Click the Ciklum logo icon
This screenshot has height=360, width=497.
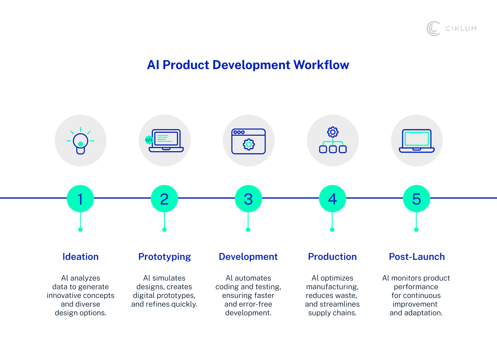[x=433, y=29]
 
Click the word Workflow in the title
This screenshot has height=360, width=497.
[x=321, y=65]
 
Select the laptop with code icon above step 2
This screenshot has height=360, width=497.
[x=164, y=141]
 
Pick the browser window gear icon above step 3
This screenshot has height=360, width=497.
[x=248, y=141]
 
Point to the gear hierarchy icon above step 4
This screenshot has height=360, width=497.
[x=333, y=141]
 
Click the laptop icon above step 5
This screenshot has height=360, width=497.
[x=417, y=141]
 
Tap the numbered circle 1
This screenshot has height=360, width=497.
[x=80, y=199]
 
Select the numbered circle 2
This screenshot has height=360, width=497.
[x=164, y=199]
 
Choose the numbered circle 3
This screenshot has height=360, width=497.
[x=248, y=199]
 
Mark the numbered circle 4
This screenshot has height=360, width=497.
[x=333, y=199]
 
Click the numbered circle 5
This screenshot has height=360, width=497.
[x=417, y=199]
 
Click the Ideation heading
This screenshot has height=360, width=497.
[x=80, y=257]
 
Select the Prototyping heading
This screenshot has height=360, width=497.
[x=164, y=257]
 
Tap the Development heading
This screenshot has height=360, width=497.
[x=248, y=257]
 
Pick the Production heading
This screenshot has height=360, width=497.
[x=332, y=257]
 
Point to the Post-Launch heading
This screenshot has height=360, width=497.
[x=417, y=257]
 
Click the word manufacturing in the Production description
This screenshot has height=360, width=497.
[x=332, y=287]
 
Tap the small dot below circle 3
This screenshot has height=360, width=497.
[x=248, y=230]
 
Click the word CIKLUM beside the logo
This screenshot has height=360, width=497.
[x=461, y=29]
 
